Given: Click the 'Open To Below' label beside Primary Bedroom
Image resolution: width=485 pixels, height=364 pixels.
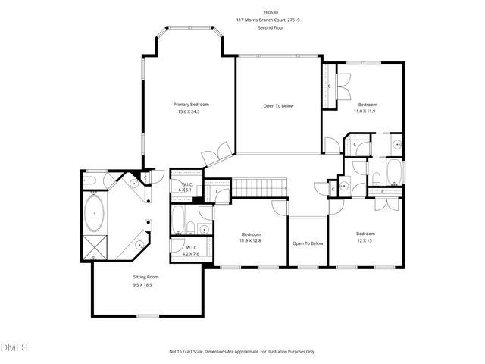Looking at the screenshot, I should pos(278,105).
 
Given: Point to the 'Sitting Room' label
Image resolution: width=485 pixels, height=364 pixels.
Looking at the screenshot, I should pos(146,277).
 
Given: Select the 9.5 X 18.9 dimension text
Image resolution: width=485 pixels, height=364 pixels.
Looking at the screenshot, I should pos(146,284).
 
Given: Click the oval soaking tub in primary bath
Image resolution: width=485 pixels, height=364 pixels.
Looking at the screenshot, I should pos(95,215).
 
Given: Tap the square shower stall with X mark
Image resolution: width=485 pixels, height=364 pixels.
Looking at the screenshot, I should pos(95,247).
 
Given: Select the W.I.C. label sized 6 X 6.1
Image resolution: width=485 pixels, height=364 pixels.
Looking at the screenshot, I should pos(186,187).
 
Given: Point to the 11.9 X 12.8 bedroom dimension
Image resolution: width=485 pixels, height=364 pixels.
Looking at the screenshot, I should pos(251,240).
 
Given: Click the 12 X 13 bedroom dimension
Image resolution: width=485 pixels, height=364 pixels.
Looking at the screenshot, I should pos(365,240).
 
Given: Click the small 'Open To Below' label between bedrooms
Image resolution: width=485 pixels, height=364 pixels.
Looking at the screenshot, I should pos(308,243).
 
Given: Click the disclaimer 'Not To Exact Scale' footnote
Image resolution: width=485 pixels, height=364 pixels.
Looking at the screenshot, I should pos(242,352).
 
